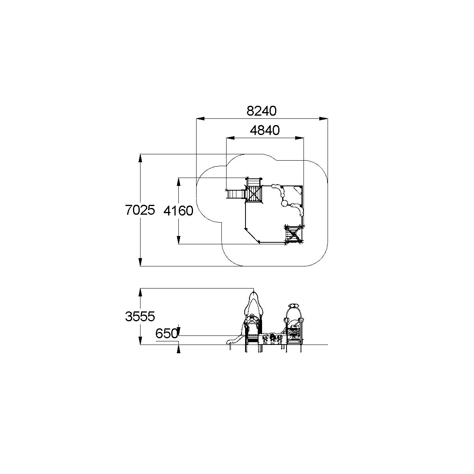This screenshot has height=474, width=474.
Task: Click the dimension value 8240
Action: tap(261, 111)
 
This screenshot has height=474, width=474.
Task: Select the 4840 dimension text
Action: tap(265, 130)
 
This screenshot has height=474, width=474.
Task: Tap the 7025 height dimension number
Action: tap(140, 210)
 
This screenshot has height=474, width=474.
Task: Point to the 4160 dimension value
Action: tap(178, 211)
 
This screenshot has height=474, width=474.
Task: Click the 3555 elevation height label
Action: tap(140, 316)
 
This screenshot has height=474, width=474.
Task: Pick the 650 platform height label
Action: tap(167, 333)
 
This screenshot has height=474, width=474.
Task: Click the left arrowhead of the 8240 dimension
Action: tap(200, 118)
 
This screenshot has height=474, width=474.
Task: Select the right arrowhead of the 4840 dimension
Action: tap(299, 138)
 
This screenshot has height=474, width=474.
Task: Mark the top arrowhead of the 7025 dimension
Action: tap(140, 158)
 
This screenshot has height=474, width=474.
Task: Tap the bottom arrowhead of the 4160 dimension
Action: tap(178, 240)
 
